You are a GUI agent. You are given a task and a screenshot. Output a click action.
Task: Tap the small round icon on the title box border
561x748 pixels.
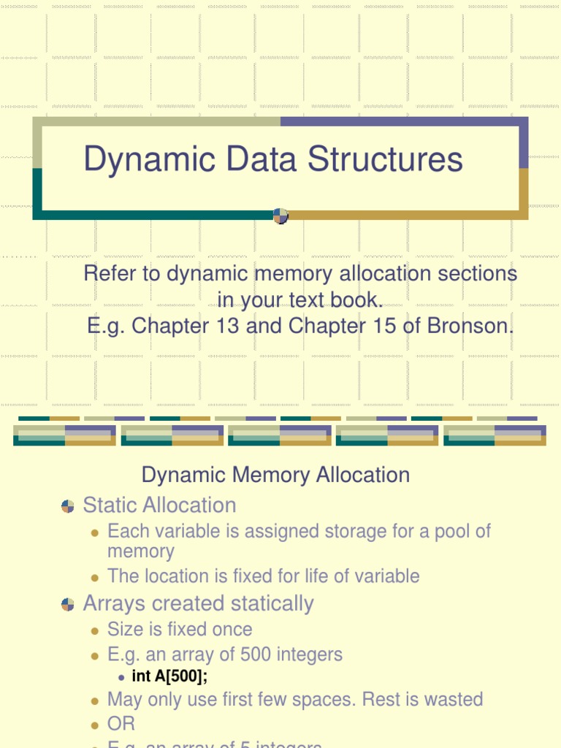280,215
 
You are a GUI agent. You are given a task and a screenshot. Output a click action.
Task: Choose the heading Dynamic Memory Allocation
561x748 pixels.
275,475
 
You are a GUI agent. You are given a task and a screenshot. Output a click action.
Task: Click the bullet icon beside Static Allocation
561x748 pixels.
68,505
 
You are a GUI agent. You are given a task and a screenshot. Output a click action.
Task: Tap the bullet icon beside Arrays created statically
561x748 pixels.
68,604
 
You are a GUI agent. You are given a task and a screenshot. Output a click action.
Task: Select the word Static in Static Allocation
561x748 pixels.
110,505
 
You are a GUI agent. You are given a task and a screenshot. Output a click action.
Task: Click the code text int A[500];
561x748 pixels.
175,676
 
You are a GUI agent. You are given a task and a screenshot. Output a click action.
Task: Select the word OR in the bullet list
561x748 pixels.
121,724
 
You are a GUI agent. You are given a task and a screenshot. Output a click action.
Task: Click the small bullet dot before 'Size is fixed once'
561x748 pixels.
94,630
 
